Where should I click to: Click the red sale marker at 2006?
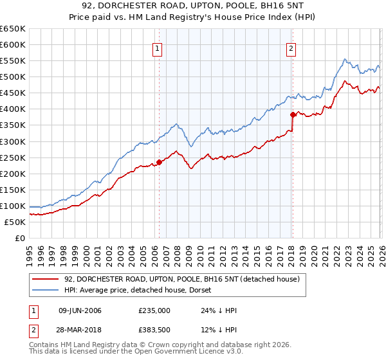click(x=159, y=162)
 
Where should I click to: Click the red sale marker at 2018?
click(x=293, y=114)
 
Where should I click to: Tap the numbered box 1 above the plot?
click(x=158, y=48)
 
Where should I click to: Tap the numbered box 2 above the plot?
click(x=291, y=48)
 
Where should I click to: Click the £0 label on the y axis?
click(x=21, y=238)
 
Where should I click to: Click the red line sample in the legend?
click(x=46, y=279)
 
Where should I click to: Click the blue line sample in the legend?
click(x=46, y=291)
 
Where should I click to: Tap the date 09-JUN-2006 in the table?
click(x=80, y=310)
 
